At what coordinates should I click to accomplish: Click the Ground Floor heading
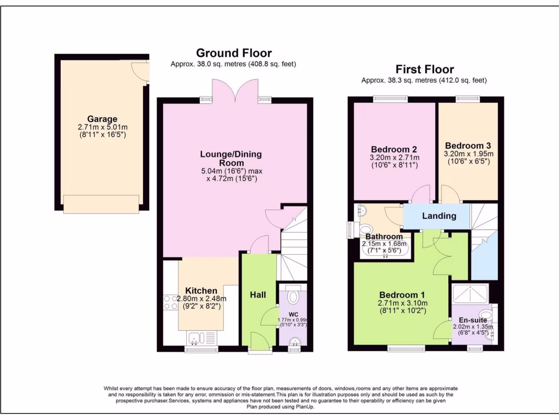click(x=234, y=53)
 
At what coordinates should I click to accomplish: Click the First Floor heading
click(x=424, y=69)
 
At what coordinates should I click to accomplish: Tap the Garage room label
click(x=102, y=119)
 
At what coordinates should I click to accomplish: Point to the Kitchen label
click(x=201, y=290)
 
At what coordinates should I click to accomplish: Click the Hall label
click(x=258, y=295)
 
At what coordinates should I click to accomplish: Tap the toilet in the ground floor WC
click(x=293, y=297)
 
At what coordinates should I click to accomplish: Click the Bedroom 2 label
click(x=394, y=149)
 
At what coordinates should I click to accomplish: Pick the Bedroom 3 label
click(x=468, y=145)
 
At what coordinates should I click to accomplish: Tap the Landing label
click(x=439, y=216)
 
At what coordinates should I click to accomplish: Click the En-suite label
click(x=472, y=320)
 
